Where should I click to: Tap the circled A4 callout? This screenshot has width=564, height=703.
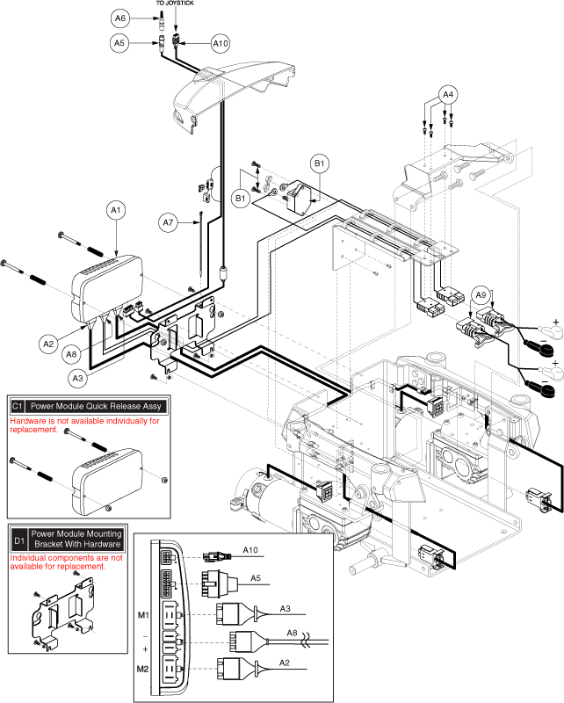(448, 94)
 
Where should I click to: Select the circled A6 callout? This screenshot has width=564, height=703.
(120, 18)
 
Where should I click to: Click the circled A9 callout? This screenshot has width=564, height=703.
(480, 295)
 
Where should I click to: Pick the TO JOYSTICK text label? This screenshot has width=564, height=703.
(175, 4)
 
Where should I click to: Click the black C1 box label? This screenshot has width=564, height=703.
(18, 406)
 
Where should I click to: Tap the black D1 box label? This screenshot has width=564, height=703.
(18, 538)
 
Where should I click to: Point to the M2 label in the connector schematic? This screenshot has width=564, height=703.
(144, 670)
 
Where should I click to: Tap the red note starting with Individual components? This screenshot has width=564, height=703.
(66, 562)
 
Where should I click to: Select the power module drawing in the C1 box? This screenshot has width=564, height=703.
(101, 480)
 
